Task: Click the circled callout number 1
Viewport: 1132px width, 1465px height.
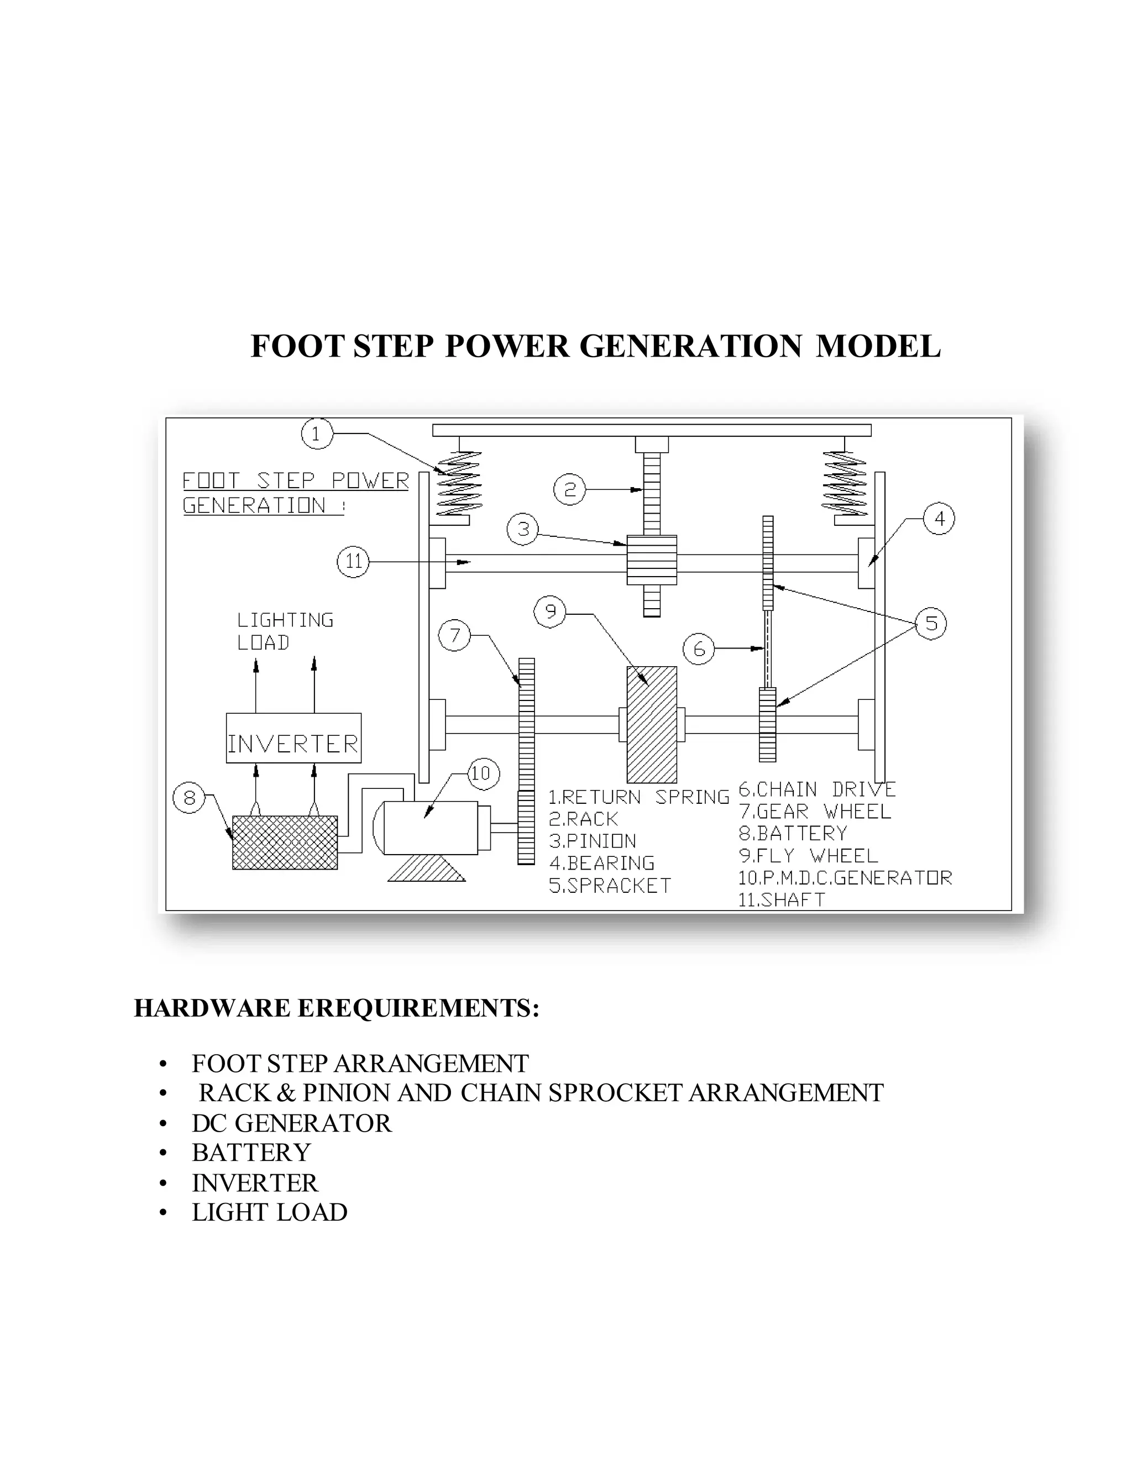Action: click(316, 433)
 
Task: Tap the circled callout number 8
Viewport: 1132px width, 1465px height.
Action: click(189, 798)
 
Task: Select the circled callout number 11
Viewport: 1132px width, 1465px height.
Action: click(353, 562)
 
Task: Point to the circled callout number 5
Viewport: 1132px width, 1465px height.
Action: click(931, 623)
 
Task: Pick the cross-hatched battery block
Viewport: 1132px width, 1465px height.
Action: click(285, 842)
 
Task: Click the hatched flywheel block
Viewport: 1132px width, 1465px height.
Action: click(651, 724)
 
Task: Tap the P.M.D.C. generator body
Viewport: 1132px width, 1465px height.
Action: click(429, 828)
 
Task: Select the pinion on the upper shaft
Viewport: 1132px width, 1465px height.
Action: click(651, 559)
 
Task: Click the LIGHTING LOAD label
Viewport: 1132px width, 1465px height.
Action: click(285, 631)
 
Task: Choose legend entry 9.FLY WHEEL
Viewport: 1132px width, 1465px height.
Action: click(808, 856)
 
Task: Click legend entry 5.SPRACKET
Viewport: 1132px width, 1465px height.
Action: click(610, 886)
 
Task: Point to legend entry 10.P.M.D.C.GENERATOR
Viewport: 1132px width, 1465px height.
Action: click(845, 878)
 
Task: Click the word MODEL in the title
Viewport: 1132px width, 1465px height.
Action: click(878, 346)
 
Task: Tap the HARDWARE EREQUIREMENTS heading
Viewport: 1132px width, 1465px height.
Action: click(337, 1007)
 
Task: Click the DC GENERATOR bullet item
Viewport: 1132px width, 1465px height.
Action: click(292, 1123)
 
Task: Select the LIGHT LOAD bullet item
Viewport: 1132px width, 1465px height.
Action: click(270, 1212)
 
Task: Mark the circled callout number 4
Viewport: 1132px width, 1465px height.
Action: click(939, 518)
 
